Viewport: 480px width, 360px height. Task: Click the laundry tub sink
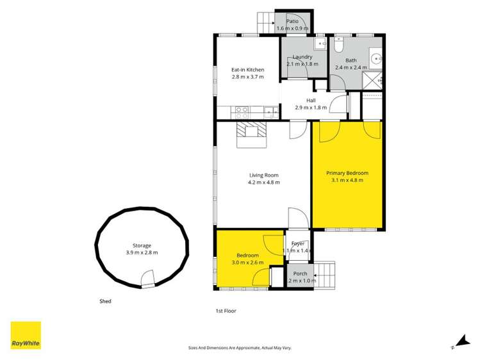[x=319, y=45]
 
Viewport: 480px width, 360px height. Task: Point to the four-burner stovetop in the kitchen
[x=243, y=112]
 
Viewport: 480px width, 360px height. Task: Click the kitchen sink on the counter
[x=271, y=113]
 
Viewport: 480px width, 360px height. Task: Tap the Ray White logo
[x=26, y=335]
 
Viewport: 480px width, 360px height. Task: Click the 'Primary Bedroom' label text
[x=347, y=173]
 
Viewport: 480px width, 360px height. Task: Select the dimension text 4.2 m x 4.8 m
[x=264, y=183]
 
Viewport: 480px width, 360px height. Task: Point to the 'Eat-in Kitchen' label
[x=247, y=70]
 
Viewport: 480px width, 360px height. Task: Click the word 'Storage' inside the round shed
[x=142, y=245]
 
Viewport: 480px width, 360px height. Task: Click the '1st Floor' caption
[x=226, y=311]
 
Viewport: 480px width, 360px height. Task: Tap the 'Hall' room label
[x=310, y=101]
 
